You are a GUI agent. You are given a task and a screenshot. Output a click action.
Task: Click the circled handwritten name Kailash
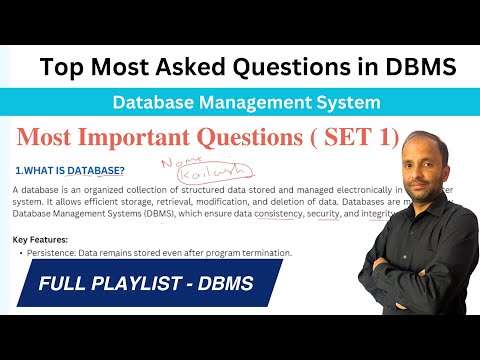(196, 173)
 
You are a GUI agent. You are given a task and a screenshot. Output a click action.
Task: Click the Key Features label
(41, 240)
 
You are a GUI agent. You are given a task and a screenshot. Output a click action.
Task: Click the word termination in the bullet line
(261, 253)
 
